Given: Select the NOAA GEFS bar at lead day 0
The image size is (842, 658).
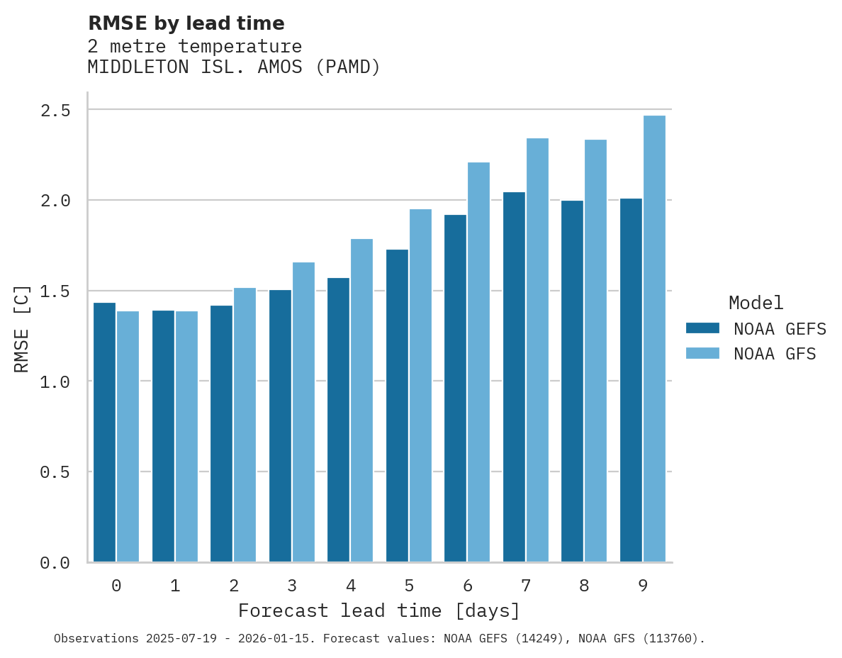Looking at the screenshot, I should click(104, 433).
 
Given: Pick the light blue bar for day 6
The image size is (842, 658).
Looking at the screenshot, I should click(478, 362).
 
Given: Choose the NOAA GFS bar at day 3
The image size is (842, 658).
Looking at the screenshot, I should click(303, 412).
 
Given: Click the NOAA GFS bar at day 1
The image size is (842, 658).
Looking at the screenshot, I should click(186, 436).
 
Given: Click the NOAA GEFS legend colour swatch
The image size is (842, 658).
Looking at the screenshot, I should click(702, 328).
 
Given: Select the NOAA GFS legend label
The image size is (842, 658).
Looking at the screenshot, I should click(775, 354).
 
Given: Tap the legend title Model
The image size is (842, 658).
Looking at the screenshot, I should click(756, 303).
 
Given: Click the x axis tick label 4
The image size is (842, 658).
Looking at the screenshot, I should click(350, 586).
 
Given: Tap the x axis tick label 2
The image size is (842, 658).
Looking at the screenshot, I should click(233, 586).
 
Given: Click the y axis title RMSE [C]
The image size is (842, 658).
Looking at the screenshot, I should click(22, 328).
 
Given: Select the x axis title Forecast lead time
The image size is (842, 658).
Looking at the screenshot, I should click(379, 610).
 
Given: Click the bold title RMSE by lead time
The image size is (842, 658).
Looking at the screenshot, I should click(186, 23).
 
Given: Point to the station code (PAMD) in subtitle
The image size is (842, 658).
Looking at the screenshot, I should click(348, 67).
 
